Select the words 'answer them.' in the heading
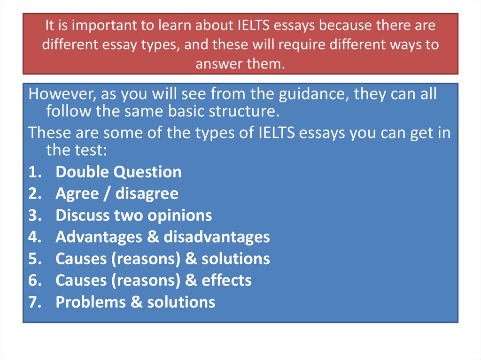click(240, 63)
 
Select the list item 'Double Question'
click(118, 172)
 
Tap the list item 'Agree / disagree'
click(117, 193)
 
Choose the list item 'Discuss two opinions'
click(134, 215)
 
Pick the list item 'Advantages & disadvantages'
click(163, 237)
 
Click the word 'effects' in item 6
click(226, 280)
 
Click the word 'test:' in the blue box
click(88, 150)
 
